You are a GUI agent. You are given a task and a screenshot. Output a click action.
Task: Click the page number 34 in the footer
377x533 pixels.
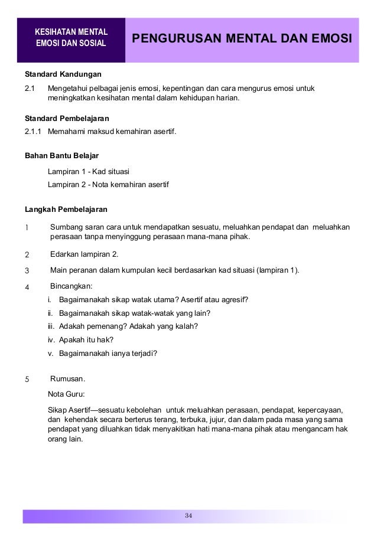pyautogui.click(x=188, y=516)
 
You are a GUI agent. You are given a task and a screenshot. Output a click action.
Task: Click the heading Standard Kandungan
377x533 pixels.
pyautogui.click(x=62, y=75)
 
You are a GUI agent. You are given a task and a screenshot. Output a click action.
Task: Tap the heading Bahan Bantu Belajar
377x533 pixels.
pyautogui.click(x=61, y=155)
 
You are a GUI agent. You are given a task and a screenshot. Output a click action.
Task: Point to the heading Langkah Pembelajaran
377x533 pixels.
pyautogui.click(x=66, y=209)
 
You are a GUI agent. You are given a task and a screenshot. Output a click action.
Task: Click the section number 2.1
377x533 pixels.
pyautogui.click(x=30, y=89)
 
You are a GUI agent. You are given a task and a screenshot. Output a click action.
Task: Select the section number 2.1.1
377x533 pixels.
pyautogui.click(x=32, y=132)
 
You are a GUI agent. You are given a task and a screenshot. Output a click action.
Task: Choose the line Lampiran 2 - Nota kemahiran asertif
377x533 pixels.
pyautogui.click(x=108, y=185)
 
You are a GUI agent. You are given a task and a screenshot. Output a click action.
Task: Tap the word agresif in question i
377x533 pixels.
pyautogui.click(x=236, y=299)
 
